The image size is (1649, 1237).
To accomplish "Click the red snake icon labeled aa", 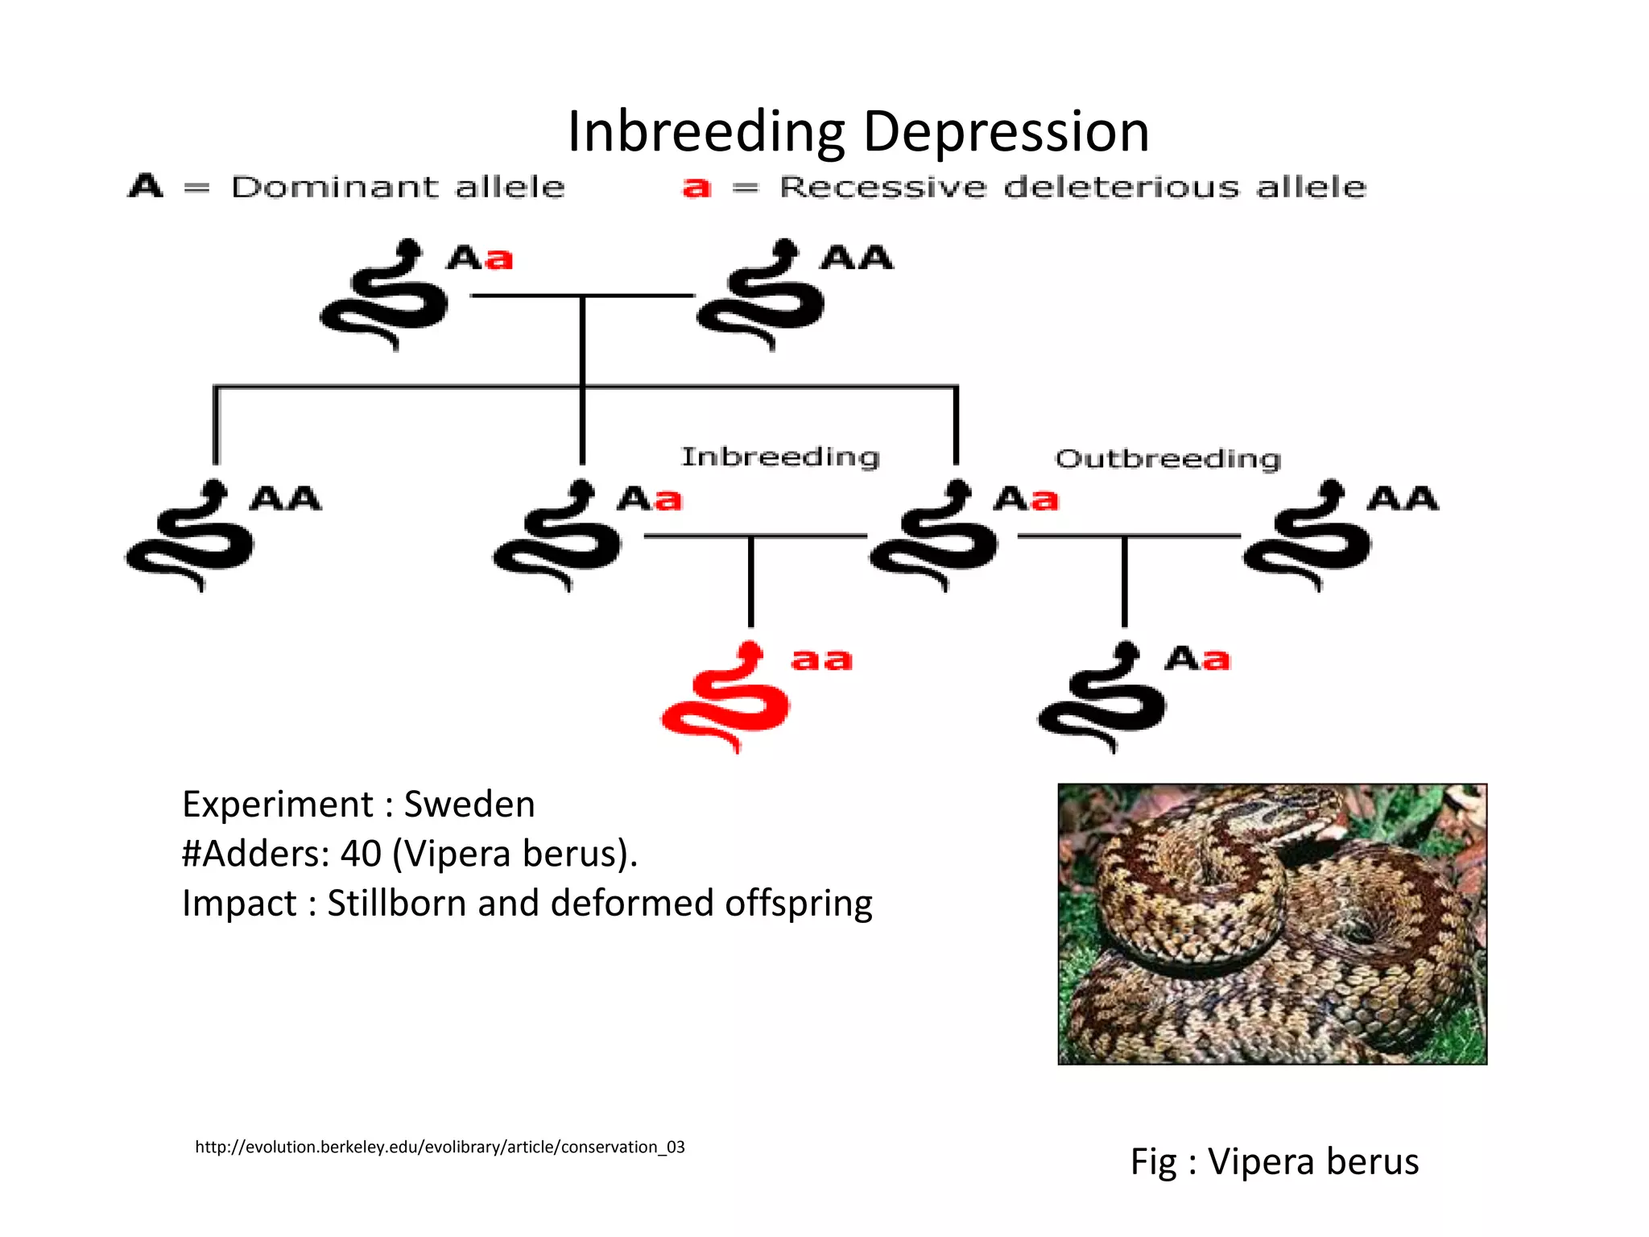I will tap(727, 697).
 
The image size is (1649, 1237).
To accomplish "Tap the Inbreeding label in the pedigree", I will tap(780, 457).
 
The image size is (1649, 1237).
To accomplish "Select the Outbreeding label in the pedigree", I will tap(1168, 459).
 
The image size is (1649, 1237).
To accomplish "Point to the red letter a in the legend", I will tap(696, 188).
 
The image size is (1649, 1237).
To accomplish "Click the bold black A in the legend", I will tap(146, 186).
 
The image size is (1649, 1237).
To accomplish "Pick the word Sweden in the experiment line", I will tap(469, 804).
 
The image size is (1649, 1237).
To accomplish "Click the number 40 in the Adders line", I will tap(361, 854).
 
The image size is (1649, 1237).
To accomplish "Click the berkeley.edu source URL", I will tap(440, 1147).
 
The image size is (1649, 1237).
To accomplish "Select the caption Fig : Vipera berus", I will tap(1274, 1161).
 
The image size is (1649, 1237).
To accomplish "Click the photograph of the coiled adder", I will tap(1272, 924).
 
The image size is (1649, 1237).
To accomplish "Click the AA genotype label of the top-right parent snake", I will tap(857, 258).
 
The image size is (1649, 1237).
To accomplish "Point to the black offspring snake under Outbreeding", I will tap(1102, 697).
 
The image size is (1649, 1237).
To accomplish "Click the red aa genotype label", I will tap(821, 660).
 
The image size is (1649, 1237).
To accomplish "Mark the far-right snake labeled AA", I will tap(1308, 536).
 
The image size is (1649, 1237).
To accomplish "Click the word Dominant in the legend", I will tap(333, 188).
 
